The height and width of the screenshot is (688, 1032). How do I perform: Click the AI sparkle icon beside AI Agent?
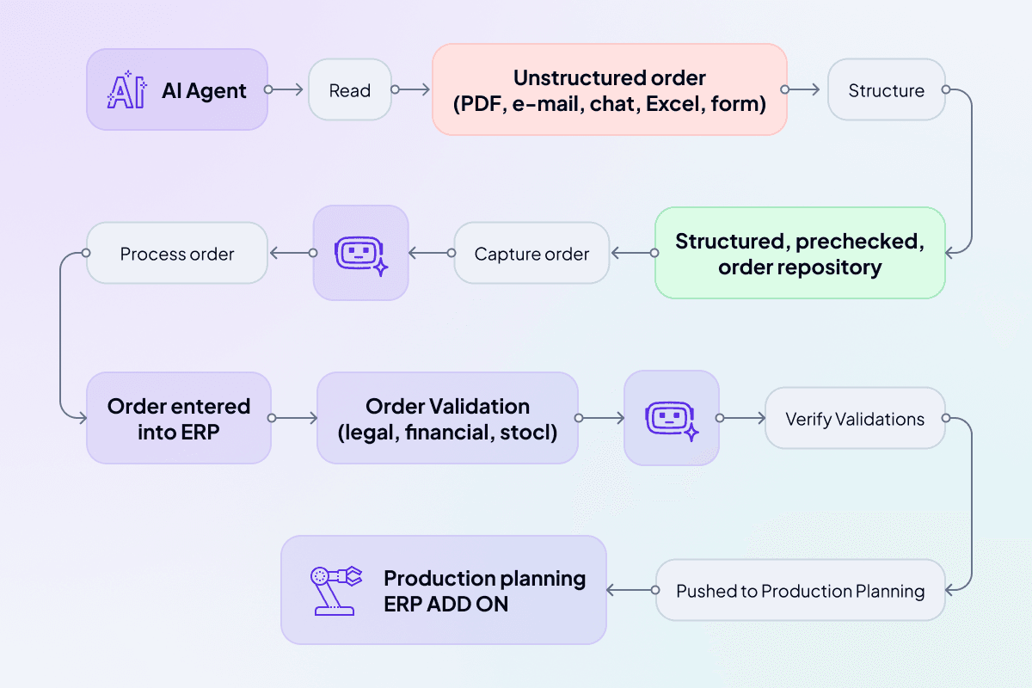click(126, 90)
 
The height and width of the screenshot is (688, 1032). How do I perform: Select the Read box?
click(350, 89)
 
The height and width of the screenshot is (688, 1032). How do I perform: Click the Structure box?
click(886, 89)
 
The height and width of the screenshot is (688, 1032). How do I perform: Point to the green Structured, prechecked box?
click(800, 253)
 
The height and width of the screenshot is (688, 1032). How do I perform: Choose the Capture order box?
click(531, 254)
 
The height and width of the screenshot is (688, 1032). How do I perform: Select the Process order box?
click(177, 254)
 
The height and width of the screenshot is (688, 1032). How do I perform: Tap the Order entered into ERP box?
click(179, 418)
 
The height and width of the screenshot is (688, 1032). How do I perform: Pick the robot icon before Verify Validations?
click(671, 418)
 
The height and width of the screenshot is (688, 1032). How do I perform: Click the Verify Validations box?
click(855, 419)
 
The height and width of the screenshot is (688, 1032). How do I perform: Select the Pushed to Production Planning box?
click(800, 591)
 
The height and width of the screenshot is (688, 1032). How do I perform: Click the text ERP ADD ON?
click(445, 604)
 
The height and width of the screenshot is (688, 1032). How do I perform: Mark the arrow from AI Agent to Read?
click(286, 89)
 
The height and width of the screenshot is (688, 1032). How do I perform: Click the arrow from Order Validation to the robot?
click(601, 419)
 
